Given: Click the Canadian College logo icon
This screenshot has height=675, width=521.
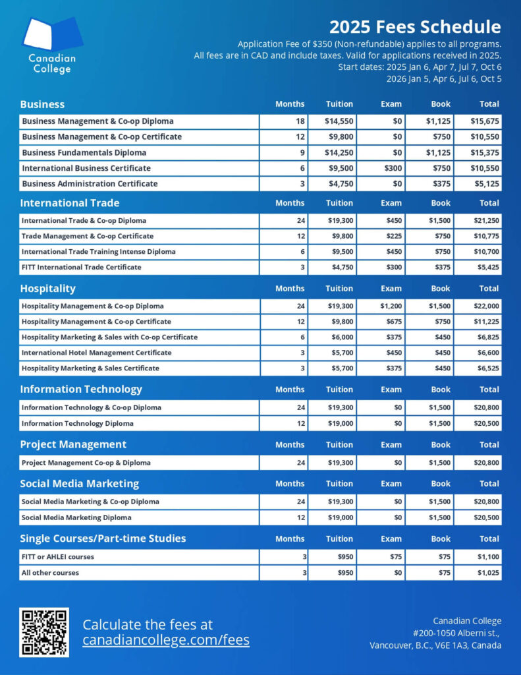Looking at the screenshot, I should pyautogui.click(x=52, y=36).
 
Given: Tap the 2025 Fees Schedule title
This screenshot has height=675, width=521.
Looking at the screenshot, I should pyautogui.click(x=415, y=27).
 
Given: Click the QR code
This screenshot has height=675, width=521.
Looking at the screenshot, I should pyautogui.click(x=44, y=632).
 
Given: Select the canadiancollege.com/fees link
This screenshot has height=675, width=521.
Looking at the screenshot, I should pyautogui.click(x=166, y=639).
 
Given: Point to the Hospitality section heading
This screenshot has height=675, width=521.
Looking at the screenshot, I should pyautogui.click(x=47, y=288).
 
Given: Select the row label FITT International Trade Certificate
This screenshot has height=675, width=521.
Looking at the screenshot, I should pyautogui.click(x=81, y=267).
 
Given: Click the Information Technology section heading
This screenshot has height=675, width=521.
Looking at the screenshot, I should pyautogui.click(x=80, y=389).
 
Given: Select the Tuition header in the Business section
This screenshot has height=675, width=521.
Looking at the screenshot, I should pyautogui.click(x=339, y=104).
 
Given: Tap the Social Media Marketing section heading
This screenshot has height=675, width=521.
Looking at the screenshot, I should pyautogui.click(x=79, y=483).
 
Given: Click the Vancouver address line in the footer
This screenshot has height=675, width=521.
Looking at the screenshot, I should pyautogui.click(x=435, y=645).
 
